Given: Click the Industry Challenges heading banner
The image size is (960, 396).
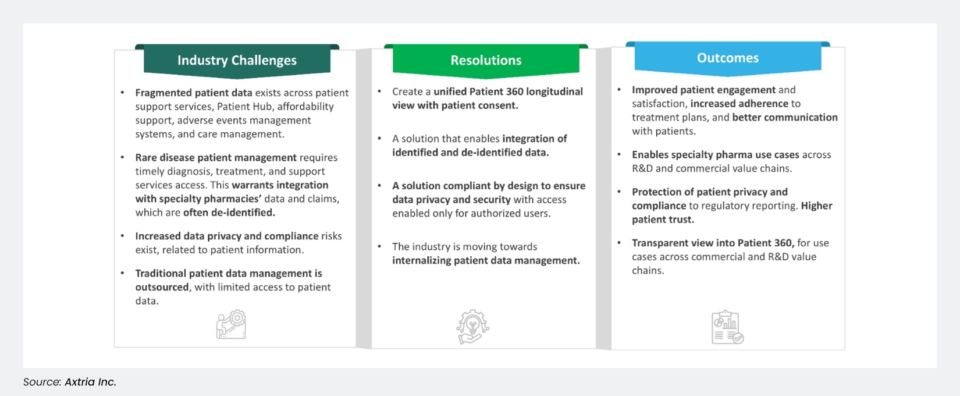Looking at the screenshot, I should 237,61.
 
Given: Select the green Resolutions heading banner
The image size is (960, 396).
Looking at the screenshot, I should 486,61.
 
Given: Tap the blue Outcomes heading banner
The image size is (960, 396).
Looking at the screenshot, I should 727,58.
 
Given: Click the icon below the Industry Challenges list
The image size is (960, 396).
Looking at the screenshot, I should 231,324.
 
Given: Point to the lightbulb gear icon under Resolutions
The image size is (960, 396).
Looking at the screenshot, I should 472,327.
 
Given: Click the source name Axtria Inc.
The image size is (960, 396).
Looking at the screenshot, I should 90,382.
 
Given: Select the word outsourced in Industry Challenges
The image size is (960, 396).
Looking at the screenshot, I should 162,287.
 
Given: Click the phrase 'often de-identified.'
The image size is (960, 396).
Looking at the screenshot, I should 229,213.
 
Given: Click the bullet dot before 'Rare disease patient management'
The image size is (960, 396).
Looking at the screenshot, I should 122,157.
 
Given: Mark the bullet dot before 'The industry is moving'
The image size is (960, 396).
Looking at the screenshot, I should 379,246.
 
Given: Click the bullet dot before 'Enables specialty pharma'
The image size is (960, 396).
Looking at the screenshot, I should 619,154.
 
